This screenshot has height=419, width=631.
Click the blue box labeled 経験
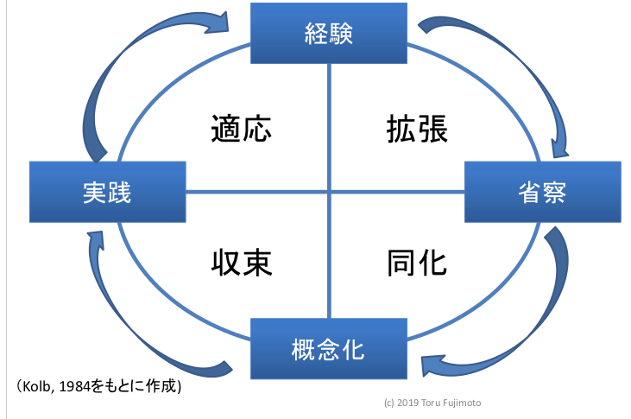(x=329, y=34)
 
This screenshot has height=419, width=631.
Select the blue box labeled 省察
(x=543, y=192)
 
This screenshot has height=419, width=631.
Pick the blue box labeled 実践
(x=108, y=192)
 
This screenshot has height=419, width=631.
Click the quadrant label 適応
(x=242, y=129)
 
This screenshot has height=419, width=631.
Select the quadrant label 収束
(x=242, y=262)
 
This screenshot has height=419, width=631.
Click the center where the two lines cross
(x=329, y=192)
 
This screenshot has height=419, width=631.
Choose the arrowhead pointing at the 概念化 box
(x=432, y=363)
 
